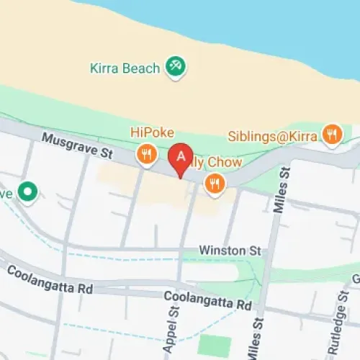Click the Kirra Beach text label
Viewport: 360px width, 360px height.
125,69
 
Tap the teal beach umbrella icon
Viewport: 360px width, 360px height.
175,67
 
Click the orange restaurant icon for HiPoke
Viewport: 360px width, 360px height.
147,153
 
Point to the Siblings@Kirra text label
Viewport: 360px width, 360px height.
274,135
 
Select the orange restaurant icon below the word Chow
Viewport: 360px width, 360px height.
214,184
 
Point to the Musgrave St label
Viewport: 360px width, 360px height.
78,145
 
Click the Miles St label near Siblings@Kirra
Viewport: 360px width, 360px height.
282,191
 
